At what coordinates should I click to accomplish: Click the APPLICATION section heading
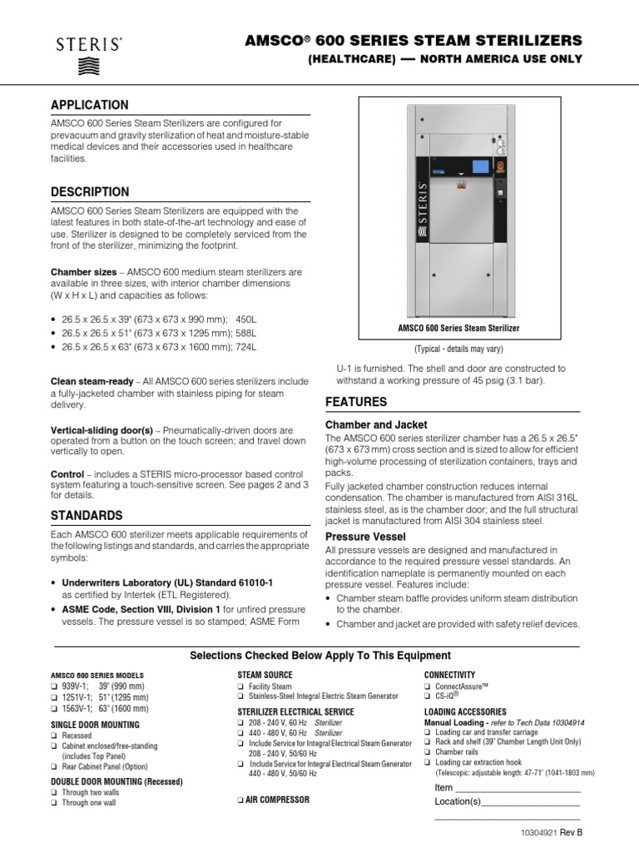coord(90,105)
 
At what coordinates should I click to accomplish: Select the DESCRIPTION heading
coord(90,192)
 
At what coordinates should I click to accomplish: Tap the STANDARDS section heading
coord(87,515)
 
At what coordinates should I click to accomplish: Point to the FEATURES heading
coord(355,402)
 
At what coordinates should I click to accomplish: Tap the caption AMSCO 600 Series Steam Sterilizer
coord(458,329)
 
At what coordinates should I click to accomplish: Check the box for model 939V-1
coord(55,685)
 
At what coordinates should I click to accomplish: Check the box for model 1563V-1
coord(55,709)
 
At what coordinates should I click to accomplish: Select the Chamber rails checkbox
coord(428,751)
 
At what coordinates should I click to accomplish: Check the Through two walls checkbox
coord(55,793)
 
